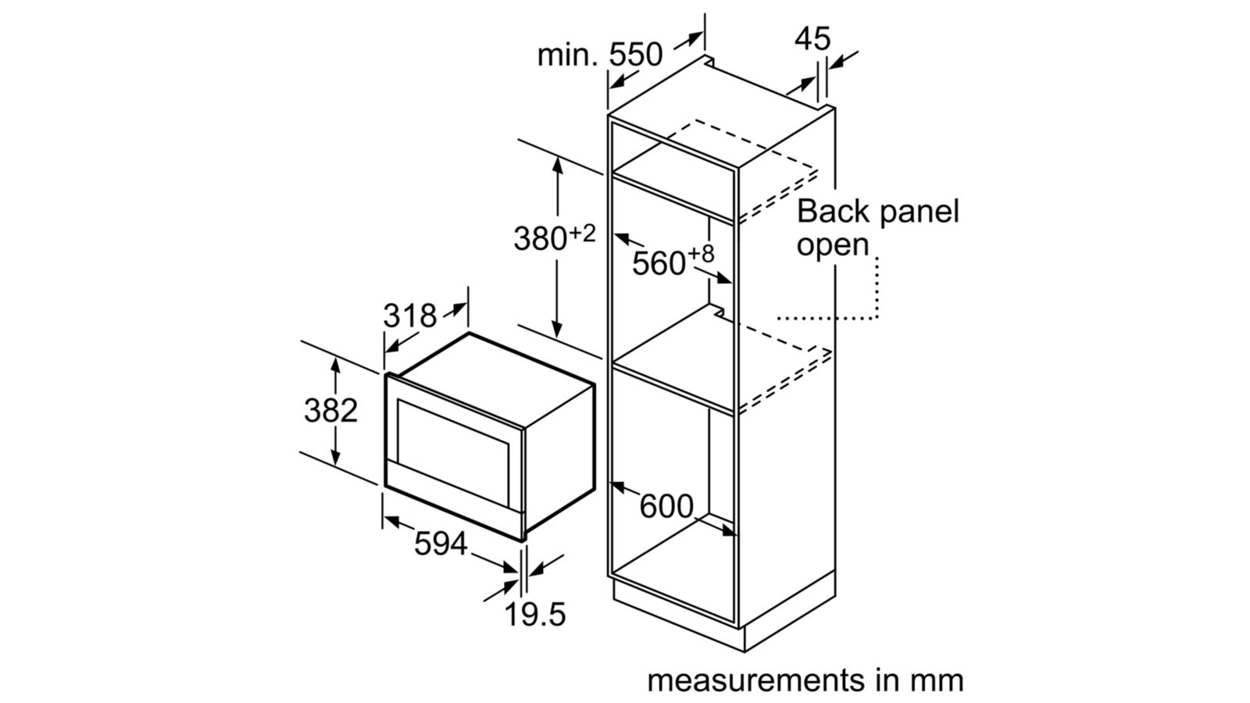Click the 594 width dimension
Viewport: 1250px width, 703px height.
[441, 544]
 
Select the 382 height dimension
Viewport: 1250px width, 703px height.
[330, 411]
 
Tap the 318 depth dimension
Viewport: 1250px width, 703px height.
[409, 316]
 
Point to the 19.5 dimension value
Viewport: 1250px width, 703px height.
[534, 614]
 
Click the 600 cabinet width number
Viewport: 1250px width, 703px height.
[666, 507]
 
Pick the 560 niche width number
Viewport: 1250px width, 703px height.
[659, 263]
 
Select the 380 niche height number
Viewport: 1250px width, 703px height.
[540, 239]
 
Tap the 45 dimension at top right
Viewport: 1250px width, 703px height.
[812, 39]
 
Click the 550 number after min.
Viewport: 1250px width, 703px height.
[635, 55]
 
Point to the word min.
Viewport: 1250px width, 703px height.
[567, 55]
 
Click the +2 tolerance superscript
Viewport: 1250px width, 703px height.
[582, 234]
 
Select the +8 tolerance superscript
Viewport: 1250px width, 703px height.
[700, 255]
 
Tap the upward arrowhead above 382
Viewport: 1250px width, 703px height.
[335, 366]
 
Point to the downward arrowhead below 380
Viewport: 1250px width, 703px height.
[556, 329]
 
